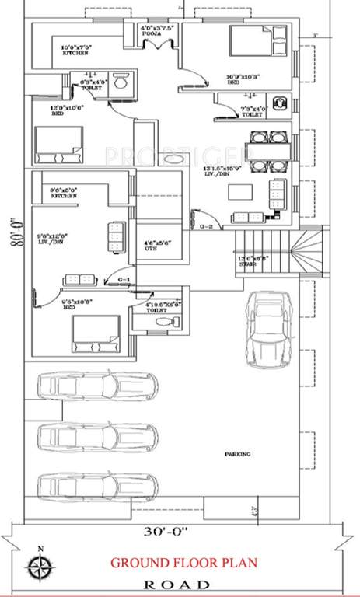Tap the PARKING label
(x=238, y=454)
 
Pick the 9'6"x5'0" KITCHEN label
(x=63, y=193)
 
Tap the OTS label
(x=158, y=247)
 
